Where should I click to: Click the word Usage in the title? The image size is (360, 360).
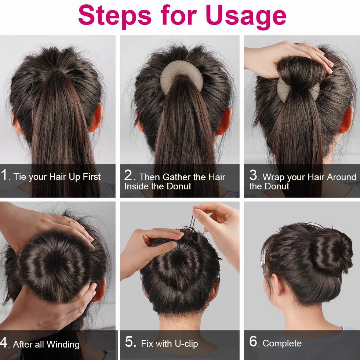tap(246, 16)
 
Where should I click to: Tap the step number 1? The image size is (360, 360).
tap(4, 175)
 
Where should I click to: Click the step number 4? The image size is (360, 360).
tap(3, 342)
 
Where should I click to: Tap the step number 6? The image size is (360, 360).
tap(253, 341)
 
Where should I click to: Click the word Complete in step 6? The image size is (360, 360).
tap(282, 343)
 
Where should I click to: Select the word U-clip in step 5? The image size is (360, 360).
tap(186, 344)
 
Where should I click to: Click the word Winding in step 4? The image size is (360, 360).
tap(63, 344)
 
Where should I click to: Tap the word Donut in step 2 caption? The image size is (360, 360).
tap(179, 186)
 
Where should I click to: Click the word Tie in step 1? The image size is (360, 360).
tap(19, 177)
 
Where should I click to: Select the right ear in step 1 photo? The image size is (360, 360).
tap(96, 118)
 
